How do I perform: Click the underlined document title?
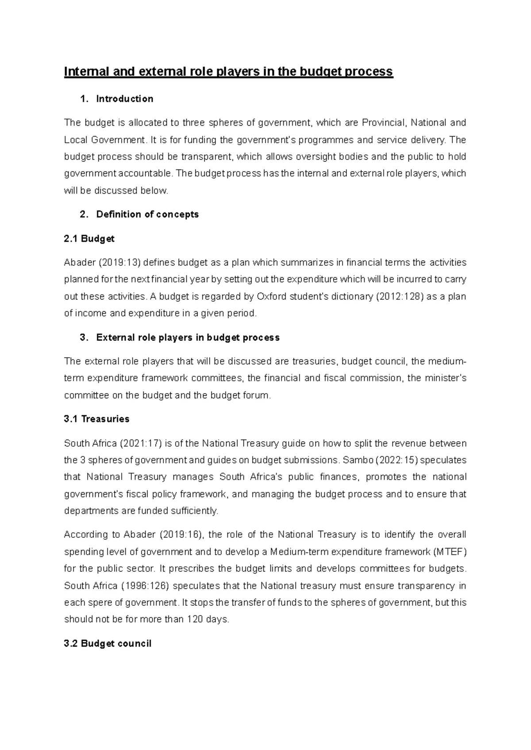(228, 72)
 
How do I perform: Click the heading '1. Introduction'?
(117, 99)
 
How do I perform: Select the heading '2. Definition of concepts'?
(139, 214)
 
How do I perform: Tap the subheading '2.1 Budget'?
(89, 239)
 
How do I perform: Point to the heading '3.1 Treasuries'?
(96, 419)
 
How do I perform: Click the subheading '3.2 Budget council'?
(108, 643)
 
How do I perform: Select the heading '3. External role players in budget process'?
(180, 337)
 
